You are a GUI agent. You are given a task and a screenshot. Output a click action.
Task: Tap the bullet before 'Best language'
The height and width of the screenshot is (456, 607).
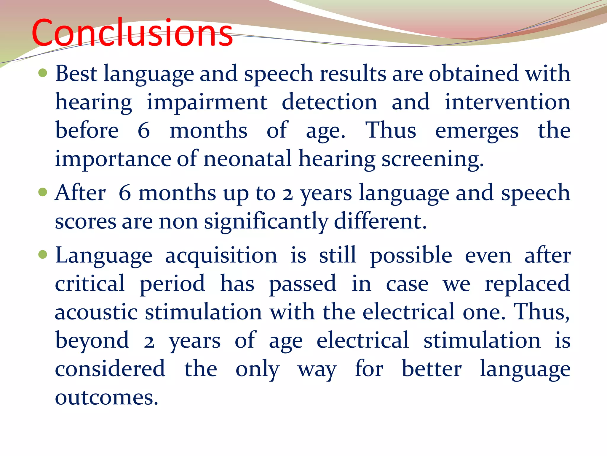pos(43,73)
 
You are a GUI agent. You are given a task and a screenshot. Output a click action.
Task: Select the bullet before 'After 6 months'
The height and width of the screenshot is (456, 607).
pos(43,192)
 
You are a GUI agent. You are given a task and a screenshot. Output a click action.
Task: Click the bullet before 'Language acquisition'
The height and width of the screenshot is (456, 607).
pos(43,254)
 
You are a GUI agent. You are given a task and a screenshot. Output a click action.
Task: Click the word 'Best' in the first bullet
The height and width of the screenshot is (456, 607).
pos(76,73)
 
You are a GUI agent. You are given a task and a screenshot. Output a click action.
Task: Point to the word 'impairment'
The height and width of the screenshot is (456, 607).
pos(207,102)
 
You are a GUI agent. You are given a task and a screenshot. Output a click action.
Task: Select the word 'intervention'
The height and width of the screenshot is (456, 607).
pos(507,102)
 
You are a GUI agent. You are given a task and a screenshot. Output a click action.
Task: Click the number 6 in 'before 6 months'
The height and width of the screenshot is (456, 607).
pos(144,130)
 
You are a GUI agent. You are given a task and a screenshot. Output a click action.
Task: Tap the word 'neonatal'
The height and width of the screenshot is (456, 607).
pos(247,159)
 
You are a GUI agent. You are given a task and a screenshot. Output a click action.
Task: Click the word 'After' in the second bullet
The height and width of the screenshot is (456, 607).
pos(80,193)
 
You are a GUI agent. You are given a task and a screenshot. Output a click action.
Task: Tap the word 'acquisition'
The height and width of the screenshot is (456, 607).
pos(221,256)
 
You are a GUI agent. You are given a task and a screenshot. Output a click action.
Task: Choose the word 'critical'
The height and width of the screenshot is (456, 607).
pos(90,284)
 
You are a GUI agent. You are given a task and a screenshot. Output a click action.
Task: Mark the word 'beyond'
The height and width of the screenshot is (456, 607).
pos(92,341)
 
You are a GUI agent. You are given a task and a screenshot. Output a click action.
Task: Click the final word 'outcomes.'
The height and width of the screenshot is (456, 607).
pos(106,397)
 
